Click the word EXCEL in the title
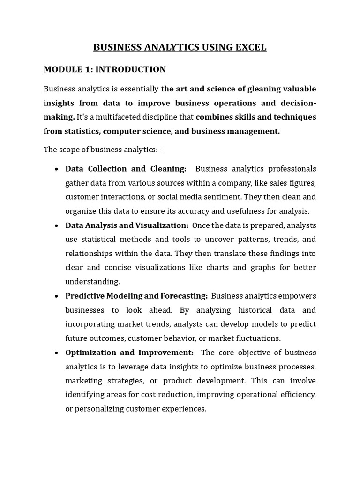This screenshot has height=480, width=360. click(250, 47)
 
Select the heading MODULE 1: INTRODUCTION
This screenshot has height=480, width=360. click(105, 69)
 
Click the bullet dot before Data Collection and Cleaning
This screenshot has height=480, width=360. click(56, 169)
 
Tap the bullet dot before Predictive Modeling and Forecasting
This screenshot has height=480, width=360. click(56, 297)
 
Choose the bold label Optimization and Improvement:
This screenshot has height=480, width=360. click(129, 352)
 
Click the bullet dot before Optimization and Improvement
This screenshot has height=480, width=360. click(56, 353)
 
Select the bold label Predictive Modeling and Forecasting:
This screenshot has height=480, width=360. click(136, 296)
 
